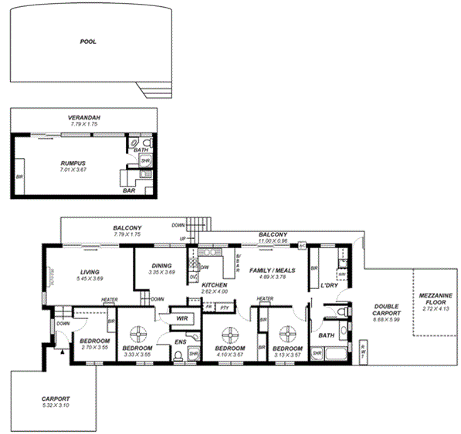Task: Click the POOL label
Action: (88, 42)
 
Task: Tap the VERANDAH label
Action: (84, 118)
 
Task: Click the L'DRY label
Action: (330, 286)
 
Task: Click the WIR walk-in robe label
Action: (182, 318)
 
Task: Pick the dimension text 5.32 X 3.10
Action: (56, 405)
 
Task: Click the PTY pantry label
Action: (225, 308)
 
